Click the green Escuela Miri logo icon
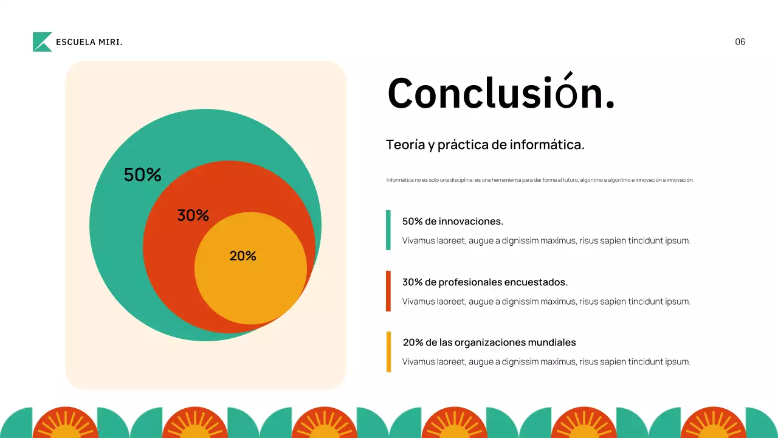42,42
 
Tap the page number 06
740,42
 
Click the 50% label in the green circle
143,175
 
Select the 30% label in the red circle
193,215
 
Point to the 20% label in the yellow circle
243,256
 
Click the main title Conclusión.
501,94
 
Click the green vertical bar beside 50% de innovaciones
388,230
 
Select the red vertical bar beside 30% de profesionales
388,291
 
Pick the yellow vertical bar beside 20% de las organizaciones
388,352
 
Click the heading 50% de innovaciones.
453,221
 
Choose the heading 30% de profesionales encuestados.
485,282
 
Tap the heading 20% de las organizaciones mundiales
489,342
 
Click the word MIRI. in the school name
111,42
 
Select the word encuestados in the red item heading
537,282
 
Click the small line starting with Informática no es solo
540,180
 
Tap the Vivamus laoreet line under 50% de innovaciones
546,241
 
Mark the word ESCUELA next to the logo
75,42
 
